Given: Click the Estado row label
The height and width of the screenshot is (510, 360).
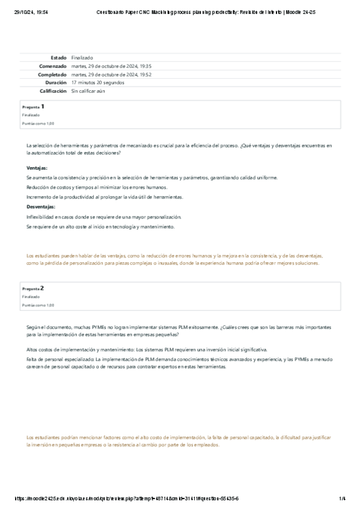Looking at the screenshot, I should (x=58, y=57).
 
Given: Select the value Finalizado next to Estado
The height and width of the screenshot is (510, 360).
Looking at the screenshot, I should (x=82, y=57).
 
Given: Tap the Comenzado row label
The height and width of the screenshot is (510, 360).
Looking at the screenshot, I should (x=53, y=66).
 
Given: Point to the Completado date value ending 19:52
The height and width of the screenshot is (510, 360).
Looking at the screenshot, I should (x=111, y=74).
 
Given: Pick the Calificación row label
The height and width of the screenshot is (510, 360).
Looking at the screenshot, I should (x=53, y=91).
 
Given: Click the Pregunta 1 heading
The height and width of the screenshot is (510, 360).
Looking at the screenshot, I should (x=33, y=106).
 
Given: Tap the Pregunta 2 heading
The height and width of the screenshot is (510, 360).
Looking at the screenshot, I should (x=33, y=288).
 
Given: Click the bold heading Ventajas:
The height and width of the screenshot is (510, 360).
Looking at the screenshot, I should (x=37, y=168).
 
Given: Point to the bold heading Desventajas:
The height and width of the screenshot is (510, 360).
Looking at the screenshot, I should (x=41, y=207).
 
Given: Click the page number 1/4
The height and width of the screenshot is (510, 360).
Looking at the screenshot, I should (x=342, y=499).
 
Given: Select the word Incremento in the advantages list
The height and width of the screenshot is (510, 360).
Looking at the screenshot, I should (x=39, y=197).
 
